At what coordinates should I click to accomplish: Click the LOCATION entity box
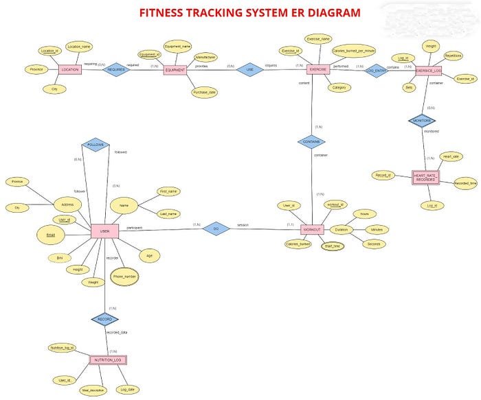pos(71,69)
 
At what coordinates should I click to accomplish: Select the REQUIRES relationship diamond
pos(115,69)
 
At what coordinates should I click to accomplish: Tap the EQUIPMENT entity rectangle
pos(175,70)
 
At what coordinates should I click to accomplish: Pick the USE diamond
pos(250,69)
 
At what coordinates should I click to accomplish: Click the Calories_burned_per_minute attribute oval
pos(353,51)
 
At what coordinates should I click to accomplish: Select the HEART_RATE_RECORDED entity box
pos(425,177)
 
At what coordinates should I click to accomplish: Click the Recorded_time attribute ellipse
pos(466,183)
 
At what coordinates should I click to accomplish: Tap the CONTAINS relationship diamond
pos(311,142)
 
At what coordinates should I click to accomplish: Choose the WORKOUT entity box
pos(312,229)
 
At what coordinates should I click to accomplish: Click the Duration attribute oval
pos(341,229)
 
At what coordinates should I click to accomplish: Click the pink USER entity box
pos(105,232)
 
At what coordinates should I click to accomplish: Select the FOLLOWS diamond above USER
pos(95,145)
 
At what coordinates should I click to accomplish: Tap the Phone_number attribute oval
pos(125,276)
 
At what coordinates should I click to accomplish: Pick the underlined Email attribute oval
pos(50,235)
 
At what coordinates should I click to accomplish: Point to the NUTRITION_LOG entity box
pos(108,360)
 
